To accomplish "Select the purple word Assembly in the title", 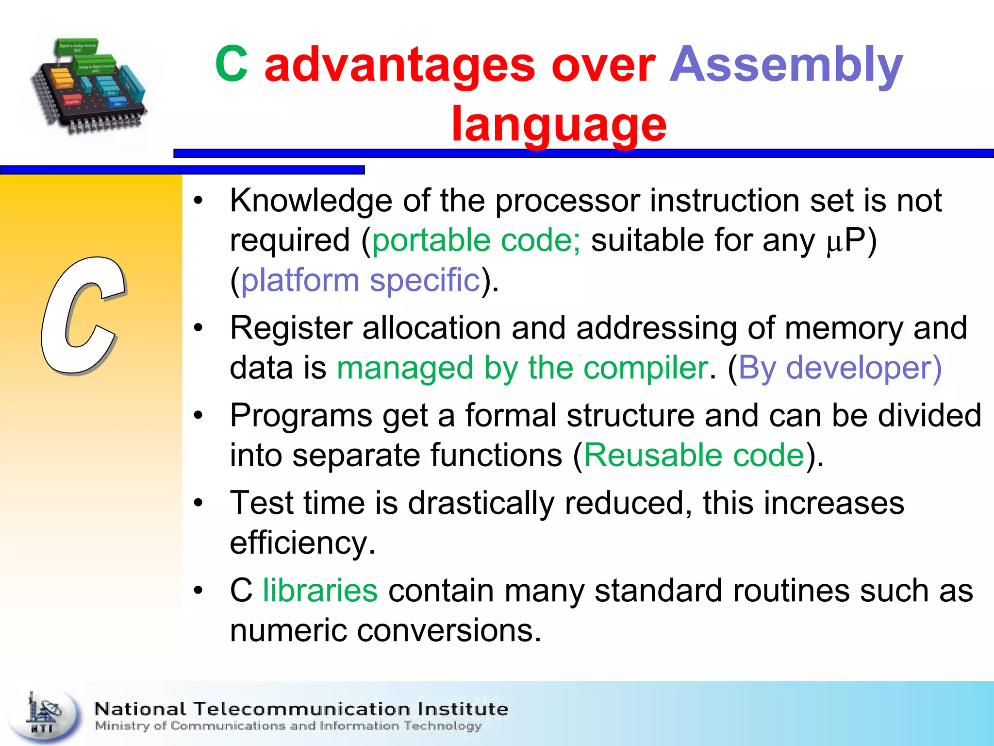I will click(786, 66).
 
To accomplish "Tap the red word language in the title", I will click(559, 125).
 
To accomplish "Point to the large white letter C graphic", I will click(83, 316).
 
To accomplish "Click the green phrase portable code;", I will click(476, 240).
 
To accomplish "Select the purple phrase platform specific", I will click(360, 280).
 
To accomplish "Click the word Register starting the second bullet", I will click(291, 328).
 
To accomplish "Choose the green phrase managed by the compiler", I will click(522, 368).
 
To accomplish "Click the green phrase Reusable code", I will click(694, 456).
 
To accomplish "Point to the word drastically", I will click(480, 503).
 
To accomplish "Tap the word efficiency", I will click(302, 543).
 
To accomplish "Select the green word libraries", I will click(320, 591).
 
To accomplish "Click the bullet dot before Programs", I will click(198, 416).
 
